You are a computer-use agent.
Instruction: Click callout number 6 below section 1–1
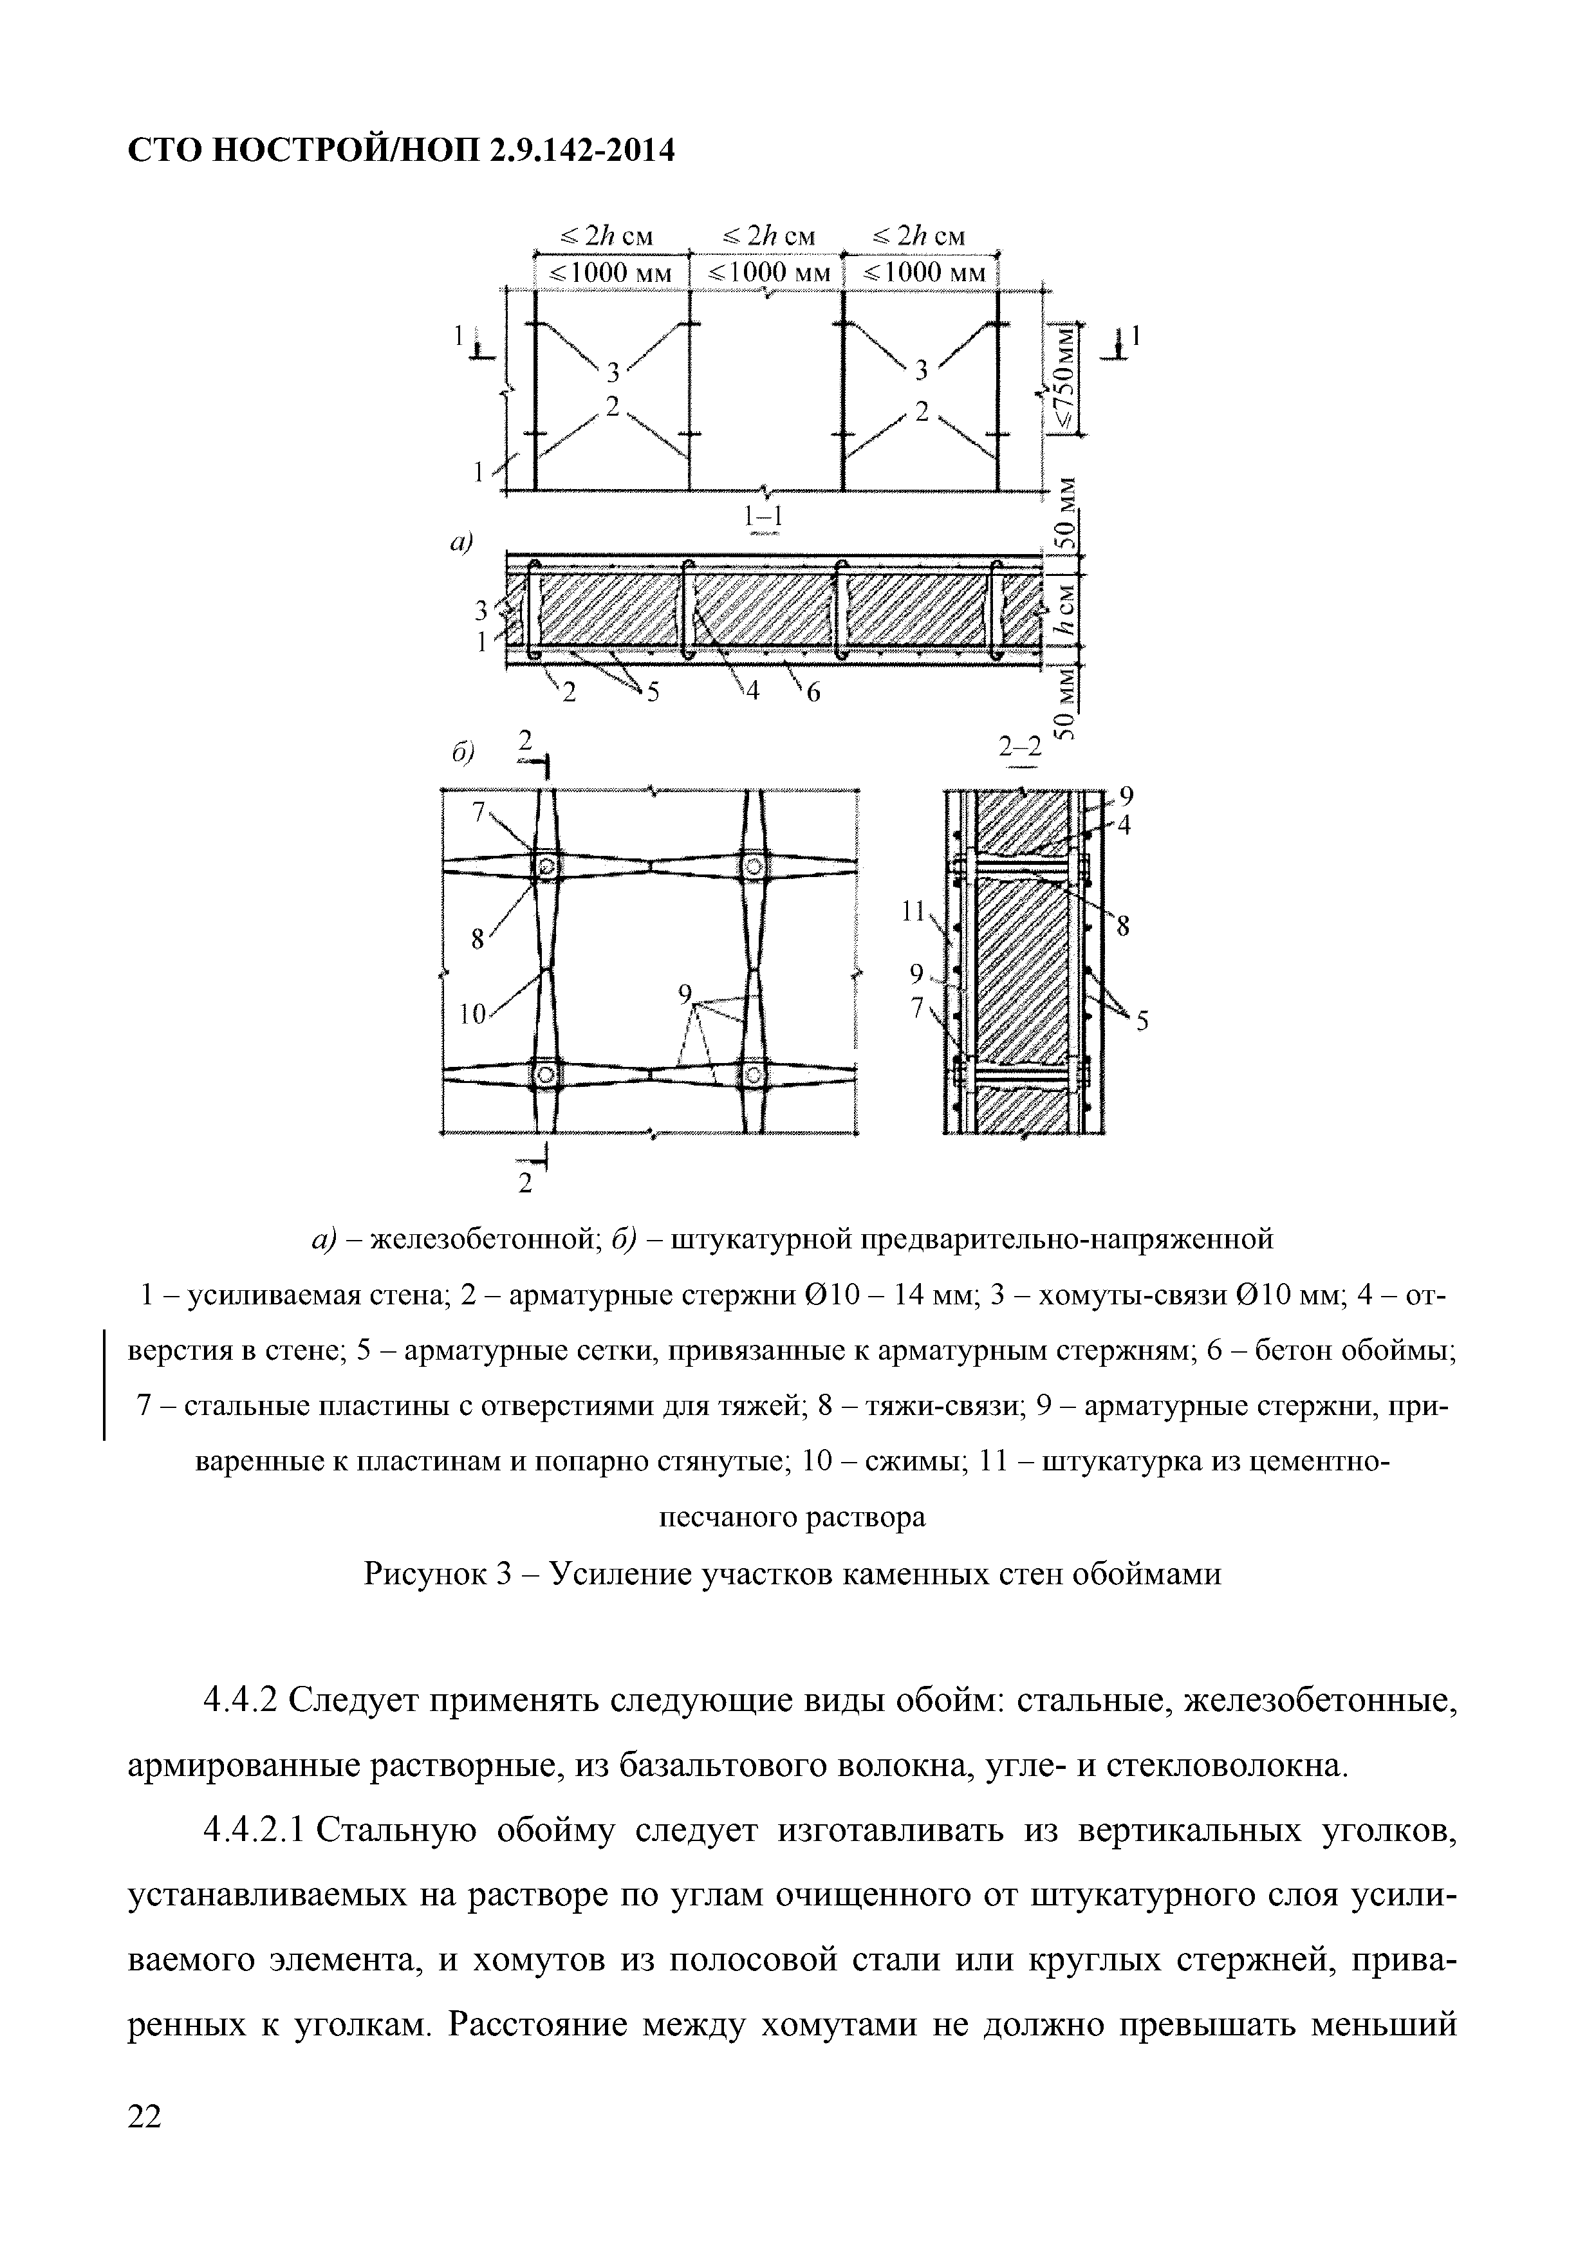click(x=813, y=693)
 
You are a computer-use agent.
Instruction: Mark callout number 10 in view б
click(x=473, y=1015)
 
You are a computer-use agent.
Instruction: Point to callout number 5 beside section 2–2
click(x=1142, y=1023)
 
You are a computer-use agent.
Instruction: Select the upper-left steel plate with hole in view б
click(x=546, y=866)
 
